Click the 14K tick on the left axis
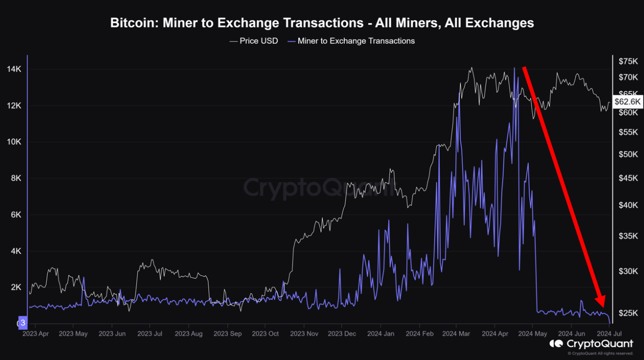click(14, 69)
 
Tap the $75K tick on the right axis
click(628, 61)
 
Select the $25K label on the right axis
click(628, 313)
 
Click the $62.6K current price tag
click(628, 102)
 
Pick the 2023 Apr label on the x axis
click(36, 333)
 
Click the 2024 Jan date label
click(380, 333)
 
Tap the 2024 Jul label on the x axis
click(608, 333)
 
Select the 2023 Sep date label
click(227, 333)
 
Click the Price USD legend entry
click(254, 41)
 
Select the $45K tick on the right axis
click(628, 178)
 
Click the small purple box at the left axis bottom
click(22, 322)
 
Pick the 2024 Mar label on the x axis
click(456, 333)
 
